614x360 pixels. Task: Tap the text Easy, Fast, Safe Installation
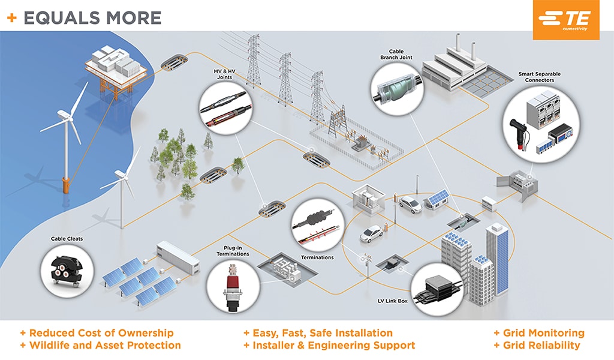[318, 333]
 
